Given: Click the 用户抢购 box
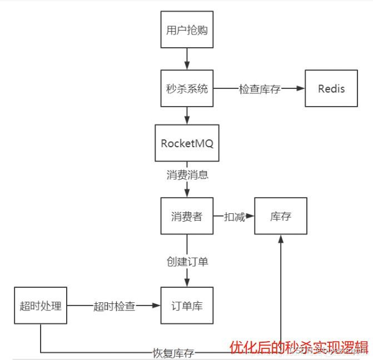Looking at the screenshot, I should (x=187, y=30).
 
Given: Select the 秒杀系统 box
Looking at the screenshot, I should (x=187, y=88).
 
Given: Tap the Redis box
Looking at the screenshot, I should (x=331, y=88).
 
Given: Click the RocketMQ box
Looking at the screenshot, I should (x=187, y=143).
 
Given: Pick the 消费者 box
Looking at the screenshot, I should (x=187, y=216).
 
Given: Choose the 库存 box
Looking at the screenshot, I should (x=281, y=216).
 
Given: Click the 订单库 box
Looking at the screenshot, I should (x=187, y=306).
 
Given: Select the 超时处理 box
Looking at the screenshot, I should (x=41, y=306).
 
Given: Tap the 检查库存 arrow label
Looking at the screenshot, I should (x=260, y=89).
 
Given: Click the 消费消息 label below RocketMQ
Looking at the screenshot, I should (x=187, y=175).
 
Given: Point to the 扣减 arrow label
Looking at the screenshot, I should (x=234, y=217).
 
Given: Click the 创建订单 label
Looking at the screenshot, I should (x=187, y=261).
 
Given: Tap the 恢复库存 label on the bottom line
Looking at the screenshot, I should (x=173, y=353).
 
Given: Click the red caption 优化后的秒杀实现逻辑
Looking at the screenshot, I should (x=299, y=348).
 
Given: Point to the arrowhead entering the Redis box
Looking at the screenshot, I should (x=301, y=88).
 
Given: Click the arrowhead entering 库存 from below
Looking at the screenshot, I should (x=281, y=239).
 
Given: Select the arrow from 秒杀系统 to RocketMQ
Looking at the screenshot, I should (x=187, y=116).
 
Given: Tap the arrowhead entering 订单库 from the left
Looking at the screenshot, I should (x=156, y=306).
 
